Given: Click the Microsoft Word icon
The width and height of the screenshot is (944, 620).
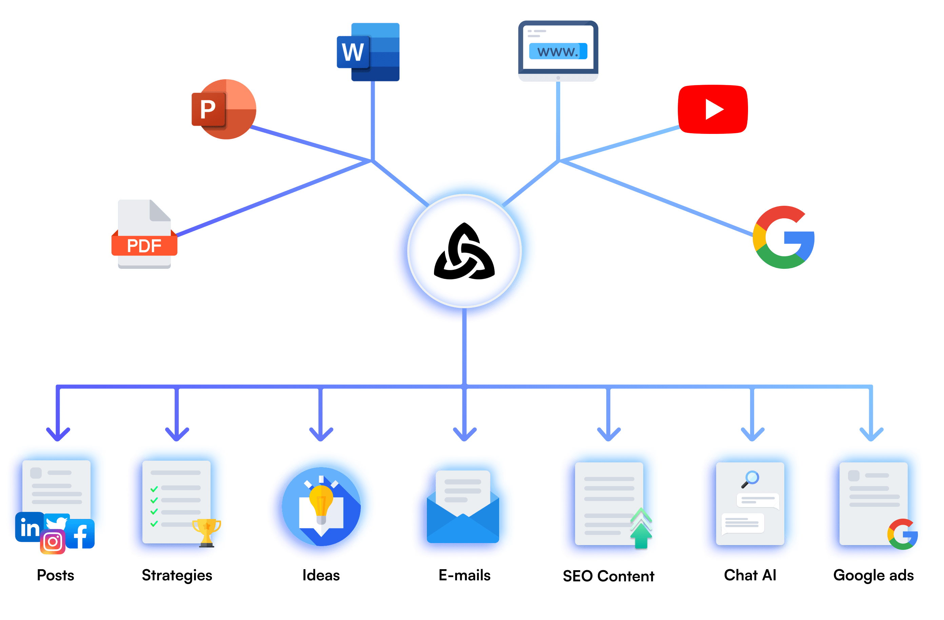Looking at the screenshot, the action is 368,52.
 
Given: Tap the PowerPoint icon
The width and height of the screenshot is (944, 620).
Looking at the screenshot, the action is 224,109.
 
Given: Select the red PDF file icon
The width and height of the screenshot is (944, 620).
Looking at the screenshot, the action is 144,234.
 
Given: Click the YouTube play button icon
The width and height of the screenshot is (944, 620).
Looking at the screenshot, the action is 713,109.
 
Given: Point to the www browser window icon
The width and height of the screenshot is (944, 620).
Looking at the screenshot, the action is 558,51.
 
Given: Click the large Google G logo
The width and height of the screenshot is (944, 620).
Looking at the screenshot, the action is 783,237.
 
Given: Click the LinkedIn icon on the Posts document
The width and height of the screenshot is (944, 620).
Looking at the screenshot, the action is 29,527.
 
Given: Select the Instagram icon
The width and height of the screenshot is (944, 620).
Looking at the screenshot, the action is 53,541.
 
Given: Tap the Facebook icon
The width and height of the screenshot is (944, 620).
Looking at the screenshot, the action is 80,534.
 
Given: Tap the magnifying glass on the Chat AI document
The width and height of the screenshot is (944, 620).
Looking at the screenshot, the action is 750,479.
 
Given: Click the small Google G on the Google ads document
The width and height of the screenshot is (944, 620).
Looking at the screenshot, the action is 903,534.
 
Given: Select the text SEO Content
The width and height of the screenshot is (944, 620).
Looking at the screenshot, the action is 608,576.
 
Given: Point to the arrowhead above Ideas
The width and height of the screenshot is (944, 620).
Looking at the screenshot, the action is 321,435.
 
